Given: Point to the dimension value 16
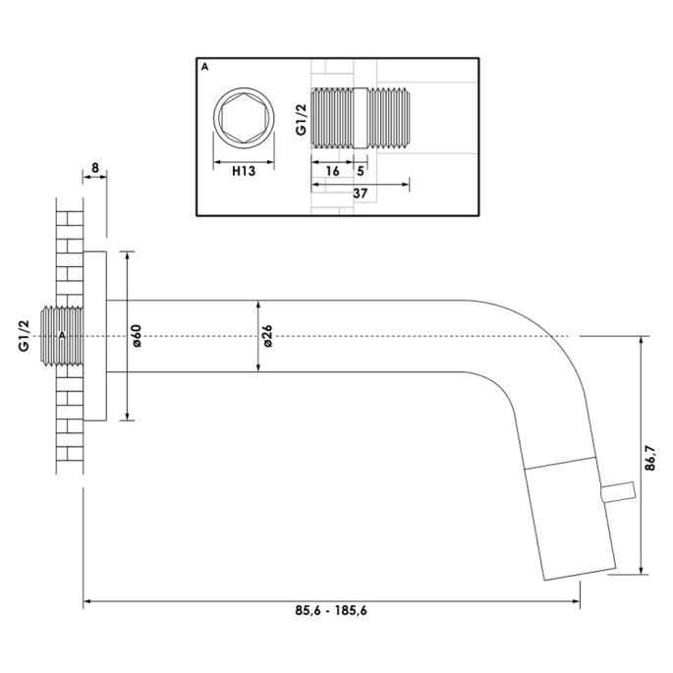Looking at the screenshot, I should pos(333,171).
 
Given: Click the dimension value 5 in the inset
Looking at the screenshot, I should pos(362,171).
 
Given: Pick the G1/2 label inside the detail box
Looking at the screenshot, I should pos(301,120).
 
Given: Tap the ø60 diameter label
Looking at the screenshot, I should pos(139,336).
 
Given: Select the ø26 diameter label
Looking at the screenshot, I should pos(268,336).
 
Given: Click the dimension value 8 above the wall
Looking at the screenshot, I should pos(93,168).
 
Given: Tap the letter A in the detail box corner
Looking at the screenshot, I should pos(203,67).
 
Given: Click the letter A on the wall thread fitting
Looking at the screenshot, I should pos(63,336).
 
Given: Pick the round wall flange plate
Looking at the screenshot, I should pos(95,336).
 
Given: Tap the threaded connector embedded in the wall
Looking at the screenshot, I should pos(61,336).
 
